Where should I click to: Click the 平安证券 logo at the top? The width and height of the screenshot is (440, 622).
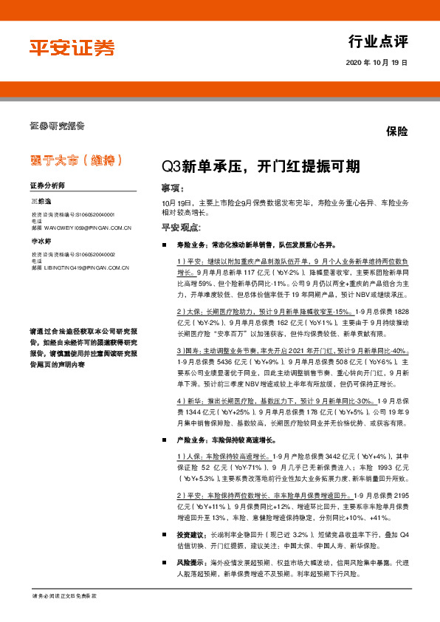[72, 47]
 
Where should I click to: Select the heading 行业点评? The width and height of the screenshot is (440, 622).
[378, 41]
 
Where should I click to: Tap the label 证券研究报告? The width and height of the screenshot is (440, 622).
[57, 125]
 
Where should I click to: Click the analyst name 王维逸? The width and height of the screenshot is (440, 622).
[41, 201]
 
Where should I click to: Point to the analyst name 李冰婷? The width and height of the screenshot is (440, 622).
[41, 241]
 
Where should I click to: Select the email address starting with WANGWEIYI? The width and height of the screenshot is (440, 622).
[86, 228]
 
